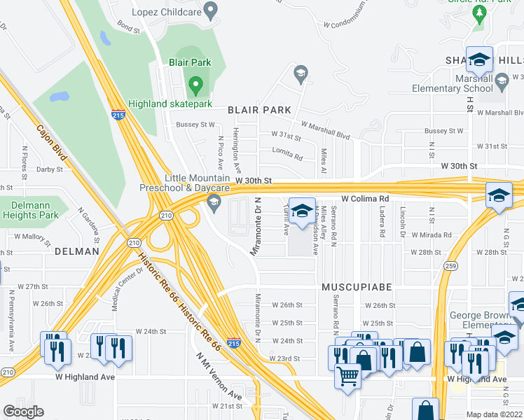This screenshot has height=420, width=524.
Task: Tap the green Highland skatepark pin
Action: click(195, 87)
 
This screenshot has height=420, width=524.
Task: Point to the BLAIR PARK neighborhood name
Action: click(258, 110)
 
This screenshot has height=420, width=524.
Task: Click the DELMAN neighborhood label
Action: click(76, 250)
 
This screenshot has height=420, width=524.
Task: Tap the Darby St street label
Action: click(50, 169)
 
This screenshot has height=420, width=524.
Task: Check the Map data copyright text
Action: click(493, 414)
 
